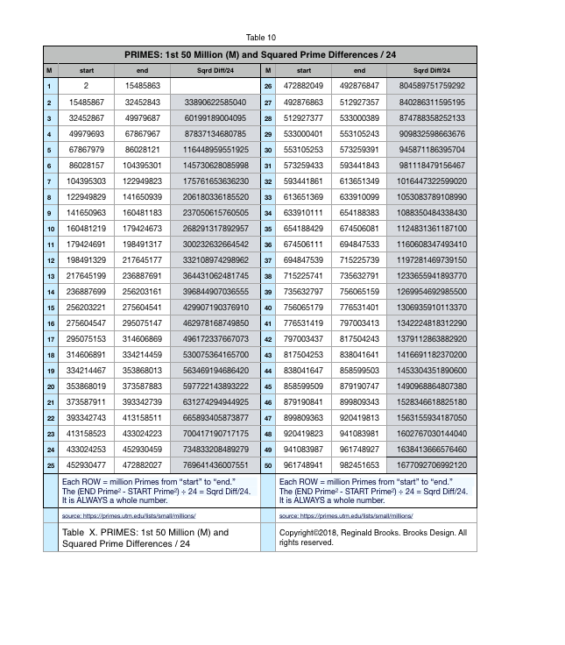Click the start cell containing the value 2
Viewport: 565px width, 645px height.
[87, 86]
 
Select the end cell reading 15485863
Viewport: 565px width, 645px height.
[143, 86]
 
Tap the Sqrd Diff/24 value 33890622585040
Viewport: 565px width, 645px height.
[215, 102]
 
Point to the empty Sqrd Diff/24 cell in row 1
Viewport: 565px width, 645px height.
[215, 86]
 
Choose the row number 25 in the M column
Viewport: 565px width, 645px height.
[50, 464]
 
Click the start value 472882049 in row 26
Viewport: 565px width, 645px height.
[304, 86]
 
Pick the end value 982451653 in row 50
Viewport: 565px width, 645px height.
[360, 464]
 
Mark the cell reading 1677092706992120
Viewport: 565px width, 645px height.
[433, 464]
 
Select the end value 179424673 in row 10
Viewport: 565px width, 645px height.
[143, 228]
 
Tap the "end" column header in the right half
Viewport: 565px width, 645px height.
[360, 69]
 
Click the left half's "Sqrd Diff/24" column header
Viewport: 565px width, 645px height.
[215, 69]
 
